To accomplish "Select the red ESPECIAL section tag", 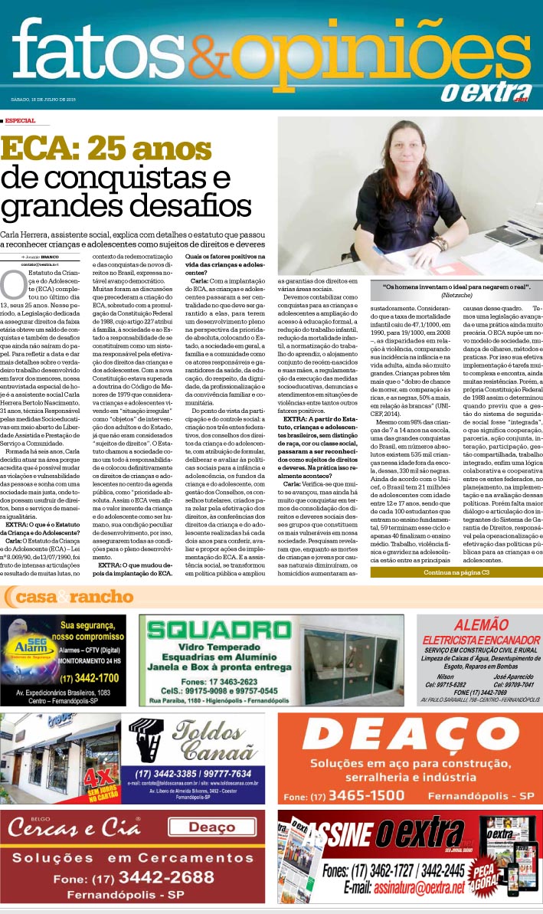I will click(19, 120).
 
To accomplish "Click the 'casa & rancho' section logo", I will click(69, 596).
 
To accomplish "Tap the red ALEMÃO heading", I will click(480, 624).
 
